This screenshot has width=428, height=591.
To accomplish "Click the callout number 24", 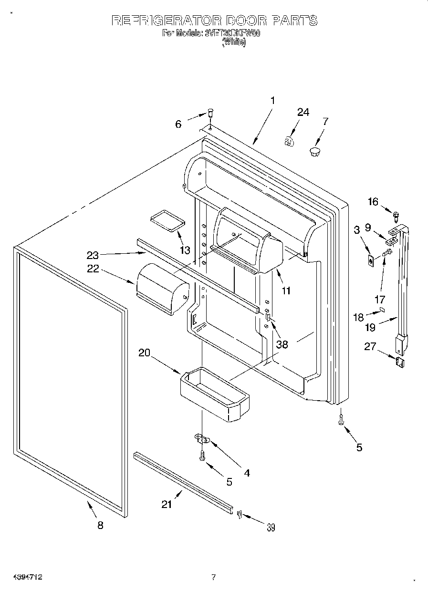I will click(303, 112).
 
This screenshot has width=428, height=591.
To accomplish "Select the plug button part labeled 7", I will click(314, 152).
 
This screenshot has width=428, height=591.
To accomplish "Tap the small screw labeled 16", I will click(396, 215).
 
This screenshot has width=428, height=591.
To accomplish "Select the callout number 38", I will click(282, 344).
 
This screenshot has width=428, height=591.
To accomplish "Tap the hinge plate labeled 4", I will click(202, 437).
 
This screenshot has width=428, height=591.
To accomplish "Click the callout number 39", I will click(271, 527).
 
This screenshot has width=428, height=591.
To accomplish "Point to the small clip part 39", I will click(239, 513).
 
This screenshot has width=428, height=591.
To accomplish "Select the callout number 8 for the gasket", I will click(100, 525).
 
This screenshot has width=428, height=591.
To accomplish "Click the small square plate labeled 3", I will click(370, 261).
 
